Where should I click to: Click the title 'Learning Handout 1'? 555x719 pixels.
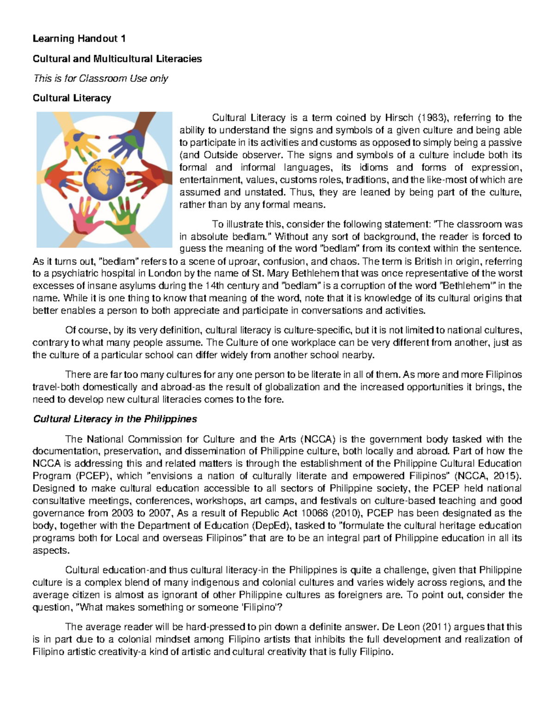point(79,38)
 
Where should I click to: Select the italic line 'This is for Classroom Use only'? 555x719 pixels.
point(100,78)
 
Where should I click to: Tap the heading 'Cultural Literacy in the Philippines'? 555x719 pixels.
point(115,419)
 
